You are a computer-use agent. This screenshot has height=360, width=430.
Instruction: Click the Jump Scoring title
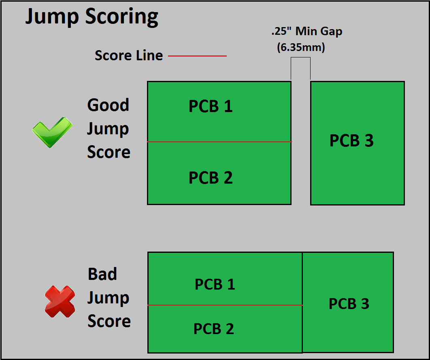[92, 17]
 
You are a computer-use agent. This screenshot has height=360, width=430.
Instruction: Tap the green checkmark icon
[52, 132]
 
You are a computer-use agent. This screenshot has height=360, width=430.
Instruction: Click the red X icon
[60, 301]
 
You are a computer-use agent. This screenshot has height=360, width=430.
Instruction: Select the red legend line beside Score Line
[197, 56]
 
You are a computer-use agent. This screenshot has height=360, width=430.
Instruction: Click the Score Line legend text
[129, 55]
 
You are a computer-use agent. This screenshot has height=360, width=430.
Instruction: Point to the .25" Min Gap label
[307, 31]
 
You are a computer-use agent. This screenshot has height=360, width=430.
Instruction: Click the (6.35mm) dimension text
[301, 47]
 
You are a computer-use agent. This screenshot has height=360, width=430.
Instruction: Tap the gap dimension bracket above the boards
[300, 57]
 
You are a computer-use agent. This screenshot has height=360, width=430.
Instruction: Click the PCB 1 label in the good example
[211, 106]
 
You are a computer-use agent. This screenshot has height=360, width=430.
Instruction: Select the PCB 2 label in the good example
[211, 178]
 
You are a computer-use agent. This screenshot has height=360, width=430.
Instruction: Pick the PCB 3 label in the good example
[351, 140]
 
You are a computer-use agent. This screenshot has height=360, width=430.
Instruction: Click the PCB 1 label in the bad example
[215, 284]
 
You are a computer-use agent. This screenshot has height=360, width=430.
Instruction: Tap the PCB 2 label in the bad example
[214, 329]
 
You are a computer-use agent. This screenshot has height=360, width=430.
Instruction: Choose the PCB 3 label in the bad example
[349, 303]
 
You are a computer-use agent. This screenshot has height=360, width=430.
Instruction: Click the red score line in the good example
[219, 142]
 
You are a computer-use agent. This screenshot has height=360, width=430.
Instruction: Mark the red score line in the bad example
[225, 305]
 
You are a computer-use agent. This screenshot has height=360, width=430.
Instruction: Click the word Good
[108, 105]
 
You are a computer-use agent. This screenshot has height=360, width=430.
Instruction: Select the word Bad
[102, 274]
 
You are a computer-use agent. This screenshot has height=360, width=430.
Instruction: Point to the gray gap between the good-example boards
[301, 142]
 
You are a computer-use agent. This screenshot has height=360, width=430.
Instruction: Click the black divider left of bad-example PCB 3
[302, 303]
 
